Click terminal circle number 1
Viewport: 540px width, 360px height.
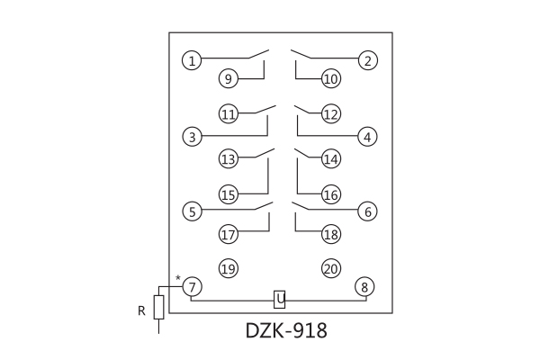(x=192, y=61)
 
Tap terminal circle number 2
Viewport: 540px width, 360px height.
(x=366, y=61)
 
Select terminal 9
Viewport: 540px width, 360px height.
(x=229, y=79)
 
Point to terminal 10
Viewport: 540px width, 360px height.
(x=330, y=79)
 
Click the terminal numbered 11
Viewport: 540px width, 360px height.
(x=229, y=114)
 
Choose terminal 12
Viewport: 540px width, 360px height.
(x=330, y=114)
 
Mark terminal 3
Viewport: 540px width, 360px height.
(x=192, y=138)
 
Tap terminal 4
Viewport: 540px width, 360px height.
(x=366, y=138)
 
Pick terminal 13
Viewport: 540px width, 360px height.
(x=229, y=159)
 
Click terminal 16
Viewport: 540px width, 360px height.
(x=330, y=194)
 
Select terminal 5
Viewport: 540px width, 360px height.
(x=192, y=212)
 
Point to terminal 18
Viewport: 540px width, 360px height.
(x=330, y=235)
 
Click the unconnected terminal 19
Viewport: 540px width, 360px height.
(x=229, y=268)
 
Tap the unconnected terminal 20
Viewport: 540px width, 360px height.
(x=330, y=268)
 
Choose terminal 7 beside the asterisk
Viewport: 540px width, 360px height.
(x=192, y=287)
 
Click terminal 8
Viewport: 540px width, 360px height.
(x=365, y=287)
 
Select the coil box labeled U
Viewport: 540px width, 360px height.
(x=280, y=299)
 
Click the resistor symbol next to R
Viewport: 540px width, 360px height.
(x=159, y=306)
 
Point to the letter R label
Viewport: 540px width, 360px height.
(x=141, y=311)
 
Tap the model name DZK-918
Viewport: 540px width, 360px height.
(x=286, y=331)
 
